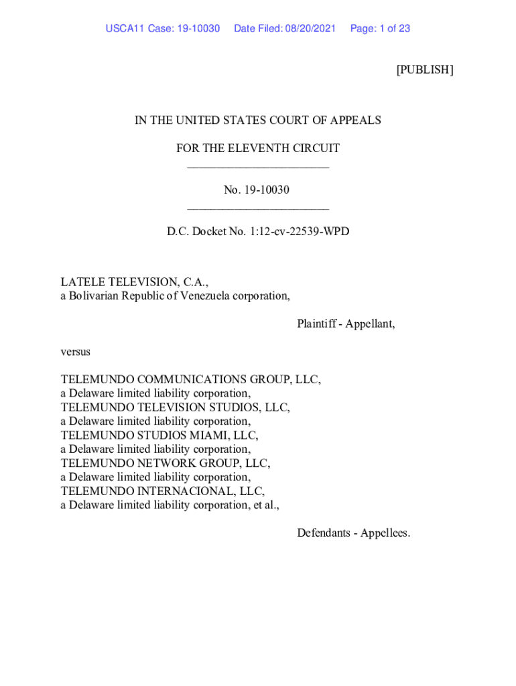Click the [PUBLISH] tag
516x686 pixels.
(x=424, y=70)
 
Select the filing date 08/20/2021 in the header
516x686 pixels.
(x=310, y=29)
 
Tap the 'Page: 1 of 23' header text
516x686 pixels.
(x=380, y=29)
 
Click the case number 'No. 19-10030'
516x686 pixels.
(x=257, y=190)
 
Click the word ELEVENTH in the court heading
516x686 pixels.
(x=262, y=148)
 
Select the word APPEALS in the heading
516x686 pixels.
(x=356, y=121)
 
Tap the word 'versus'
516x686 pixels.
(x=75, y=352)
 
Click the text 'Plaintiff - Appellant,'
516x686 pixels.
(x=346, y=324)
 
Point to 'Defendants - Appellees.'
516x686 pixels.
(x=353, y=533)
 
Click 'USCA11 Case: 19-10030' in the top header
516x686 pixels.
(x=163, y=29)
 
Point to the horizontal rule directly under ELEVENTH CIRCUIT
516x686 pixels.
(x=258, y=167)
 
